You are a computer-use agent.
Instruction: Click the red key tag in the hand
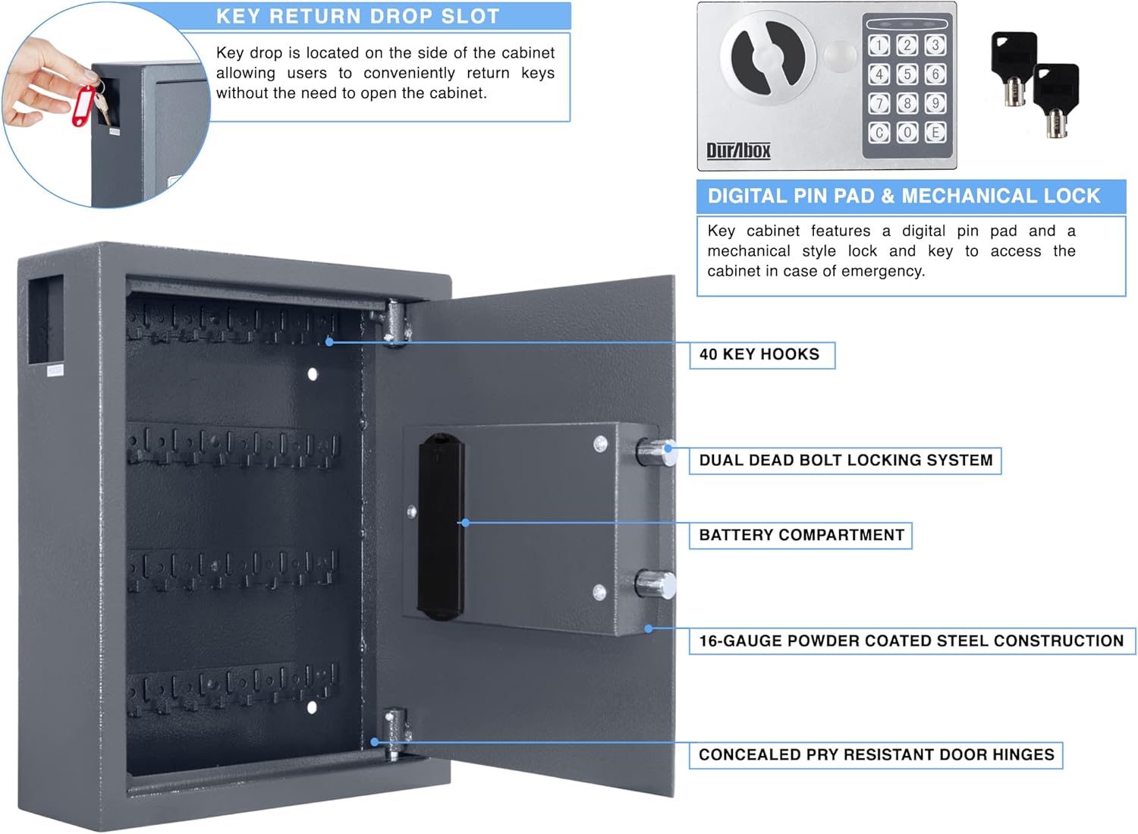[x=83, y=106]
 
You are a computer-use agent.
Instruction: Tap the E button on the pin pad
[x=935, y=132]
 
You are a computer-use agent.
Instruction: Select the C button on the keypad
[x=879, y=132]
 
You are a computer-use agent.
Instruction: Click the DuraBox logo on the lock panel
[x=738, y=150]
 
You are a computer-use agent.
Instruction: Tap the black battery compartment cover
[x=441, y=527]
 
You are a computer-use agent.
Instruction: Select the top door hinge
[x=396, y=323]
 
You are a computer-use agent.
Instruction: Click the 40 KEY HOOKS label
[x=761, y=355]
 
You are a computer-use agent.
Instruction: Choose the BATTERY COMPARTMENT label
[x=800, y=536]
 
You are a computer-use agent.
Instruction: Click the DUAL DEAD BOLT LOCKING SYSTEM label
[x=845, y=461]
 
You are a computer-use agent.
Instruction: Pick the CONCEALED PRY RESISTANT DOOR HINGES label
[x=876, y=755]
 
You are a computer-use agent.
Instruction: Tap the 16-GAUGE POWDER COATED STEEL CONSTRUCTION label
[x=911, y=641]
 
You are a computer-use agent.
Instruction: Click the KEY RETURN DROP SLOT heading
[x=357, y=17]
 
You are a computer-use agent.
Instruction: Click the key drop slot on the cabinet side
[x=45, y=319]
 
